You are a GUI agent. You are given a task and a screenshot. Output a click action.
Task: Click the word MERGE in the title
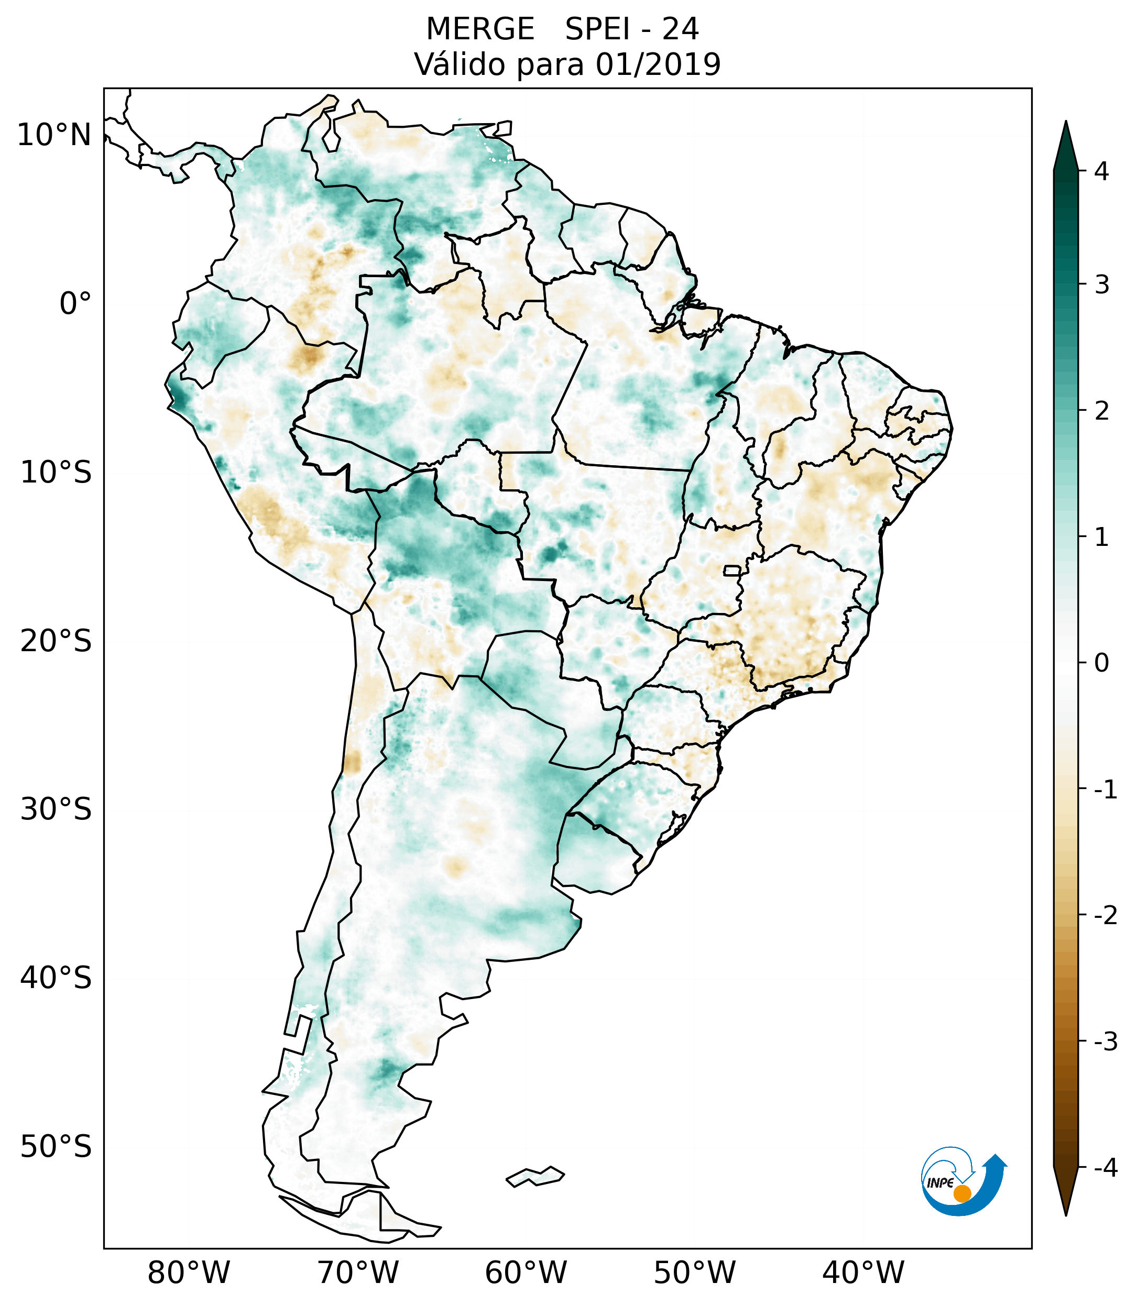point(479,29)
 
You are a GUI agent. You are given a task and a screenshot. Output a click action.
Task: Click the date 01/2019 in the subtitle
point(658,64)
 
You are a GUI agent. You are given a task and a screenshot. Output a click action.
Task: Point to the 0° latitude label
point(75,304)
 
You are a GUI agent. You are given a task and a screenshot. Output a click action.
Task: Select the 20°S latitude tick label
point(56,641)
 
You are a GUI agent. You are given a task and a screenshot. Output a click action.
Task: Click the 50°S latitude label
point(56,1147)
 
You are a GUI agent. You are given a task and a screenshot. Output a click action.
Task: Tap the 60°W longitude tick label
point(526,1273)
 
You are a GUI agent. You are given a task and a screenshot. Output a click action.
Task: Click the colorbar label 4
point(1101,171)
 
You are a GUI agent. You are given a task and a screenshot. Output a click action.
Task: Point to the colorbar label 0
point(1101,663)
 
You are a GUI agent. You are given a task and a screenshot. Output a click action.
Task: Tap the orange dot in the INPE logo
point(961,1193)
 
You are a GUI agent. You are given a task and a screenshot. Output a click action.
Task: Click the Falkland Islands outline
point(535,1176)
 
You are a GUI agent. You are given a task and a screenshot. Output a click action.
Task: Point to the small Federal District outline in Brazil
point(732,570)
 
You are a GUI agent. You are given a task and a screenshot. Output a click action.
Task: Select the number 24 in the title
point(680,29)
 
